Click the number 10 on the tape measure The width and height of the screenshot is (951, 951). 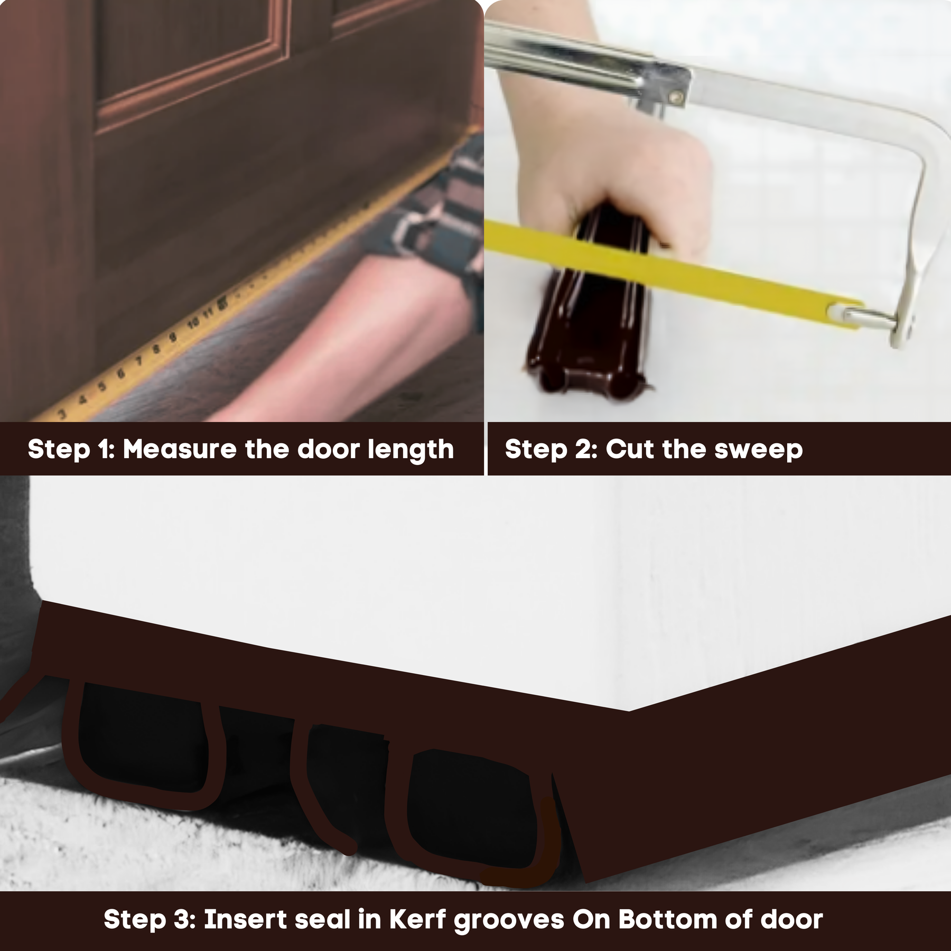194,323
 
